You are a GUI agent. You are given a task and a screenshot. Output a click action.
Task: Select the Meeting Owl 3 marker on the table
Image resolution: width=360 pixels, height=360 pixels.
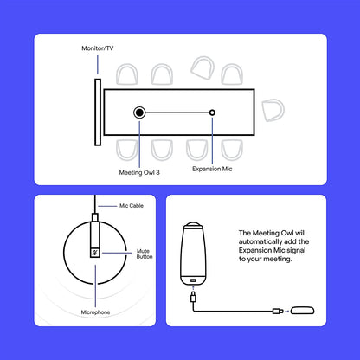point(138,112)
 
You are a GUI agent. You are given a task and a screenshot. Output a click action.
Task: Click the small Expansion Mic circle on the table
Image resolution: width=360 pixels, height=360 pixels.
point(213,112)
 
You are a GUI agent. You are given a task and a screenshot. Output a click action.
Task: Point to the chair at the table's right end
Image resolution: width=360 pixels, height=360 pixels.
point(273,111)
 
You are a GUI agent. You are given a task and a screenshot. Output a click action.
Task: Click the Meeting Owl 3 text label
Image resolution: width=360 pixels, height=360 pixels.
point(138,171)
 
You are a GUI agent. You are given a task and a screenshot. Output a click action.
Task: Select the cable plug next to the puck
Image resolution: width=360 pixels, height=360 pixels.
point(276,311)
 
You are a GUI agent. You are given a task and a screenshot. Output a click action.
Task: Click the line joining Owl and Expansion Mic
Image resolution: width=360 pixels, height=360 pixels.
point(177,112)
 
